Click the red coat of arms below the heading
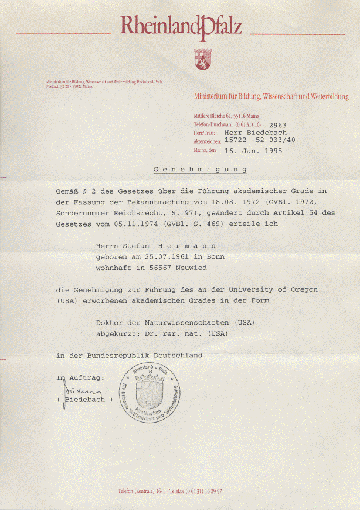point(202,58)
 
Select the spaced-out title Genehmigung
point(199,170)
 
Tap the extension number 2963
point(277,126)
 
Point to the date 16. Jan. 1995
point(253,150)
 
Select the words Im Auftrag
point(80,377)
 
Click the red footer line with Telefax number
point(173,491)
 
